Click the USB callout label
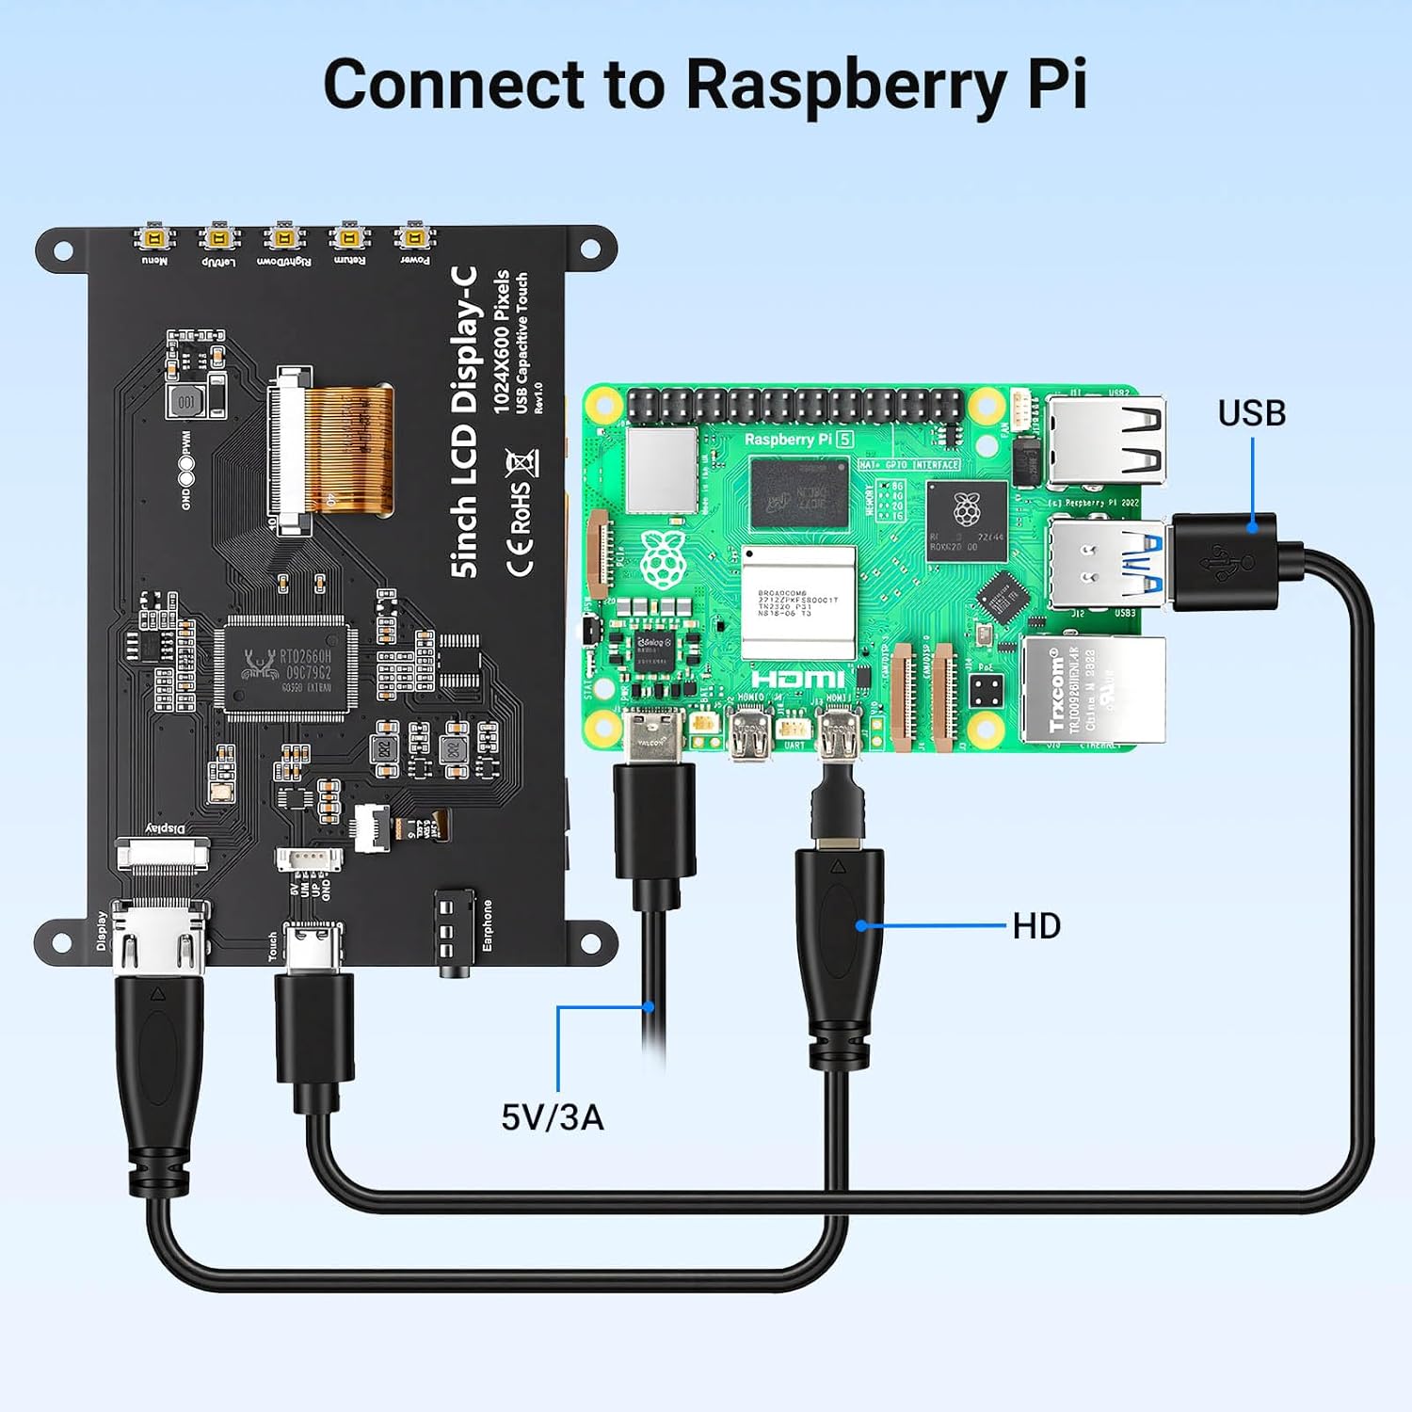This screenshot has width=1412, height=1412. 1251,413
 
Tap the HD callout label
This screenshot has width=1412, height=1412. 1036,926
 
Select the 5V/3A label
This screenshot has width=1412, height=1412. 553,1117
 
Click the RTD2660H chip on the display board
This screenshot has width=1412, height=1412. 286,667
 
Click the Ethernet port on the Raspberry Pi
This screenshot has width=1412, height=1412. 1092,690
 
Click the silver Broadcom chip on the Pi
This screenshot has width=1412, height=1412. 798,601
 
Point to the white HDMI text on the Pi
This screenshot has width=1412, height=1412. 797,679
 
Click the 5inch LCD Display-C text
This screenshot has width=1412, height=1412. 465,421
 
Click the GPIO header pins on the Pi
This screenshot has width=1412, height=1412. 795,406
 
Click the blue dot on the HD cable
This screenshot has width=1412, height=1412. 860,926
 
